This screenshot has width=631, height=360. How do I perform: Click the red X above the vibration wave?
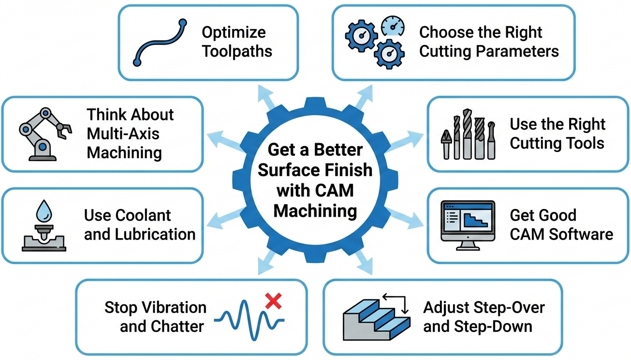tap(274, 302)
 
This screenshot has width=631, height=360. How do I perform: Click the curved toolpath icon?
tap(160, 42)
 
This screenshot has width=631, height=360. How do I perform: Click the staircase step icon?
tap(376, 317)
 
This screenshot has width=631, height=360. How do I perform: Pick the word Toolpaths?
tap(237, 52)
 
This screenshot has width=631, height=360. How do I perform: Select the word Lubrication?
tap(155, 234)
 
